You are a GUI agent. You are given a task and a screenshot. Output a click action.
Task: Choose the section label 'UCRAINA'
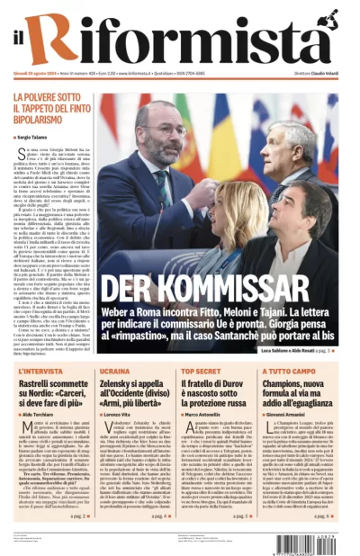[x=114, y=371]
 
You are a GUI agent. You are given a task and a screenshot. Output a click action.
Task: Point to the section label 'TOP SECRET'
[x=202, y=371]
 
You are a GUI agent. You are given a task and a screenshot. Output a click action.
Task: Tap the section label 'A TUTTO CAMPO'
[x=292, y=371]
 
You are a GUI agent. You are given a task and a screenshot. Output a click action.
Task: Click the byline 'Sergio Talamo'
[x=36, y=137]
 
